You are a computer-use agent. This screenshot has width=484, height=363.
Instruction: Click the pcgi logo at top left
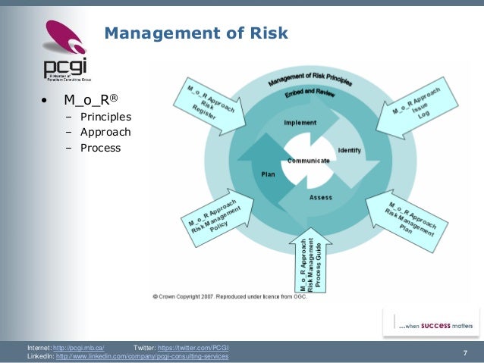tap(64, 49)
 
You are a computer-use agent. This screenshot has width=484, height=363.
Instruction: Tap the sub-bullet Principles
tap(105, 117)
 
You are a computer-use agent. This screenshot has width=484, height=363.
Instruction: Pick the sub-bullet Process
tap(101, 148)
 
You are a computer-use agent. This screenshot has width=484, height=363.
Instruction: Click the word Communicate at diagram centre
tap(309, 161)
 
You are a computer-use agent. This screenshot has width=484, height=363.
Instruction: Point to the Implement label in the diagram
tap(300, 123)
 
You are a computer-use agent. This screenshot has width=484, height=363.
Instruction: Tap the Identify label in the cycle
tap(349, 149)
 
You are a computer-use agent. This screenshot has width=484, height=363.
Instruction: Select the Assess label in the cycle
tap(320, 197)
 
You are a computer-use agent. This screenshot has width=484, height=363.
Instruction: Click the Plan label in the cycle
tap(268, 174)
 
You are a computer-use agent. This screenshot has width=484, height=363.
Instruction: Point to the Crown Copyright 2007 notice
tap(237, 296)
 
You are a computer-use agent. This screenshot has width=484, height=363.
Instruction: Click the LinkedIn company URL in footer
tap(142, 356)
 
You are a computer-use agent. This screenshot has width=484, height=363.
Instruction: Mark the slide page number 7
tap(464, 352)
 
